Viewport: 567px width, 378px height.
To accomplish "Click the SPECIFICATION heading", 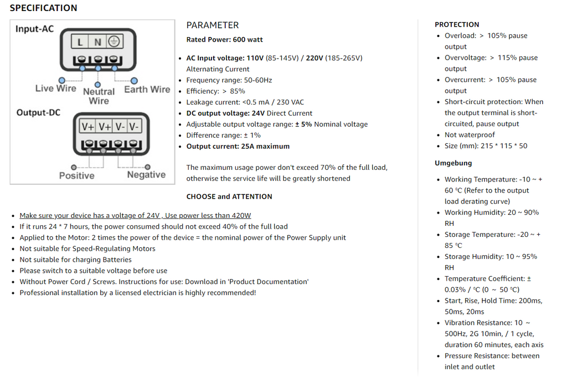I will point(43,8).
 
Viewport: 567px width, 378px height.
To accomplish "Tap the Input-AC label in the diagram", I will point(35,29).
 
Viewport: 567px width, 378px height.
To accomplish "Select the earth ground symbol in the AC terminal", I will point(114,42).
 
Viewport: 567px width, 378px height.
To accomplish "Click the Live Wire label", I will point(56,89).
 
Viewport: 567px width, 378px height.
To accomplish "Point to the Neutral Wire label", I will point(99,96).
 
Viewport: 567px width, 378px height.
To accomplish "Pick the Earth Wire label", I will point(147,89).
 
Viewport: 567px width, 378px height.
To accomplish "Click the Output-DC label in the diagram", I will point(38,112).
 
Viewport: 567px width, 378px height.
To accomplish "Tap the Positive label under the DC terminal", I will point(76,175).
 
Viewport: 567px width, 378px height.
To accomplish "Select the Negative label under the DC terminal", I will point(146,175).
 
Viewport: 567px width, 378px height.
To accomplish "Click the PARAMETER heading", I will point(213,25).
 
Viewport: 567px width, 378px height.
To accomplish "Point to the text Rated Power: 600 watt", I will point(225,40).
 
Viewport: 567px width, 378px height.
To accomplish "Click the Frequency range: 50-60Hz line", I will point(229,80).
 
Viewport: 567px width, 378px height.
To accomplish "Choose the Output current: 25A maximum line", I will point(238,147).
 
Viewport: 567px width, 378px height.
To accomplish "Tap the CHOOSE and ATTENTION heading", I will point(229,196).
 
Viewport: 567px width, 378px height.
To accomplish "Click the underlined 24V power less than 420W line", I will point(135,215).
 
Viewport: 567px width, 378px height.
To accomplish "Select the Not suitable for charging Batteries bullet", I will point(75,260).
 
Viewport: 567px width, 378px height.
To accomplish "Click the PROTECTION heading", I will point(457,25).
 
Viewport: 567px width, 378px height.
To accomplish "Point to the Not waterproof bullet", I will point(470,135).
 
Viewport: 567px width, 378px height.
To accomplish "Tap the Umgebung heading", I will point(453,163).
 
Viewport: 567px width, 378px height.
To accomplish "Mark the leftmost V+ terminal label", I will point(88,127).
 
